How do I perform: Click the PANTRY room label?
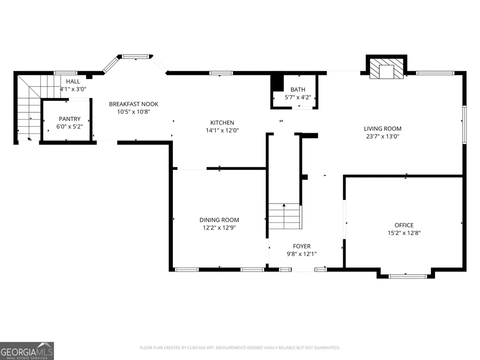(x=70, y=119)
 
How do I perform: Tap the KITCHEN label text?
(x=222, y=123)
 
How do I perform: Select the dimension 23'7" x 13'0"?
(x=383, y=136)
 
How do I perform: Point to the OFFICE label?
(x=404, y=225)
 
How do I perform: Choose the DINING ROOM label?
(x=219, y=220)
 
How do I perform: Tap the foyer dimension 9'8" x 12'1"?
(x=302, y=254)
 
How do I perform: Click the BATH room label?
(x=298, y=89)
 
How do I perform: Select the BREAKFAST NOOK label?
(x=134, y=104)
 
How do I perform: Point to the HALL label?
(x=73, y=81)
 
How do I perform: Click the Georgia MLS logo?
(x=27, y=351)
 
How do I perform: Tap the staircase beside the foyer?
(x=284, y=216)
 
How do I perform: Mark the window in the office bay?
(x=408, y=276)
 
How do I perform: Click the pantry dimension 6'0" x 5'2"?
(x=69, y=126)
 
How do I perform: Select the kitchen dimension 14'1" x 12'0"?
(x=222, y=131)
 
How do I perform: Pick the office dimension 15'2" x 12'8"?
(x=404, y=233)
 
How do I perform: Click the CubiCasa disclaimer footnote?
(x=240, y=348)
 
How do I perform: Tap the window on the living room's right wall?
(x=465, y=125)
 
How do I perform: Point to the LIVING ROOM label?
(x=383, y=129)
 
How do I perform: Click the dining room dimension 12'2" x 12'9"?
(x=219, y=228)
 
